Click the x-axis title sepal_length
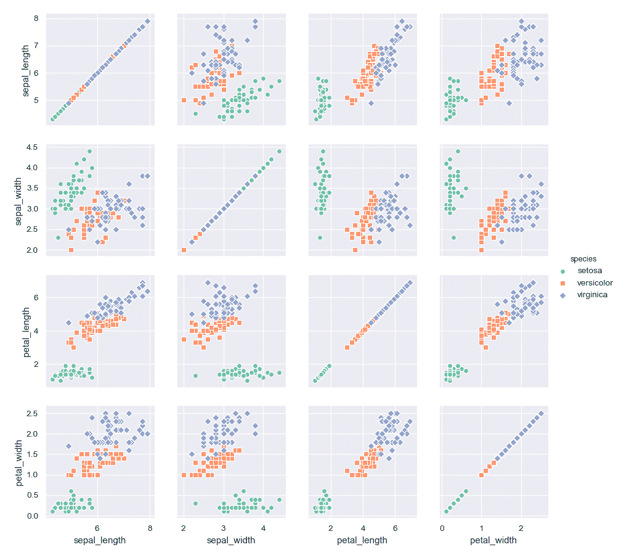[x=100, y=540]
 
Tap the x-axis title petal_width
[x=493, y=540]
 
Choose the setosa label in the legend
[x=589, y=270]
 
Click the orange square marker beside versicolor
[x=561, y=283]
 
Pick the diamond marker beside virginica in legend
[x=561, y=295]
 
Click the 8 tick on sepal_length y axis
[x=36, y=18]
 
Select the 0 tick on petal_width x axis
[x=442, y=528]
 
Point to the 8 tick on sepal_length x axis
[x=150, y=528]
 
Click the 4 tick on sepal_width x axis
[x=263, y=528]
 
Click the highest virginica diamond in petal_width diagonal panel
[x=541, y=413]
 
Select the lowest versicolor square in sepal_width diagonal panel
[x=184, y=250]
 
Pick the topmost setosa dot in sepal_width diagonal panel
[x=279, y=151]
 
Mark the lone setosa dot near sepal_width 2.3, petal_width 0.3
[x=195, y=503]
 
